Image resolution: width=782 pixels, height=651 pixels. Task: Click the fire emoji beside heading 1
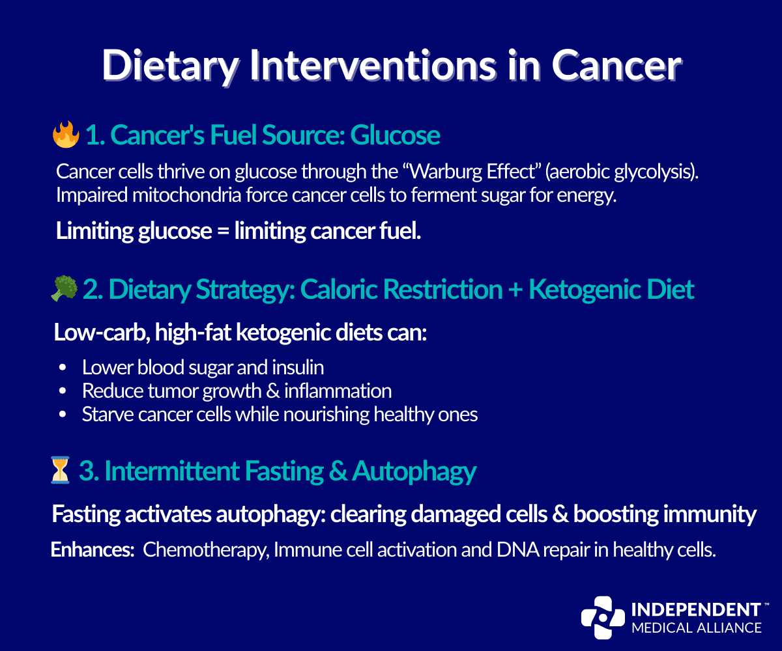pyautogui.click(x=65, y=135)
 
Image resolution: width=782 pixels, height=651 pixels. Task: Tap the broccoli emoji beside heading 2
pyautogui.click(x=64, y=289)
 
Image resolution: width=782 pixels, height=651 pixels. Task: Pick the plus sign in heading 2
pyautogui.click(x=513, y=289)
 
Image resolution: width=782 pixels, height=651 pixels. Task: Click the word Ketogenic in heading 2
pyautogui.click(x=590, y=289)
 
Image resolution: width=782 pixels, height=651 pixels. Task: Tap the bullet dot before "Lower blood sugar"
pyautogui.click(x=63, y=368)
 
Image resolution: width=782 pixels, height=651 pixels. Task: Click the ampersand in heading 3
pyautogui.click(x=338, y=471)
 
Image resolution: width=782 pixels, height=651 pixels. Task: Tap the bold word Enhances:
pyautogui.click(x=93, y=550)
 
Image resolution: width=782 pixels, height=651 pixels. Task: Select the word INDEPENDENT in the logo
pyautogui.click(x=696, y=610)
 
